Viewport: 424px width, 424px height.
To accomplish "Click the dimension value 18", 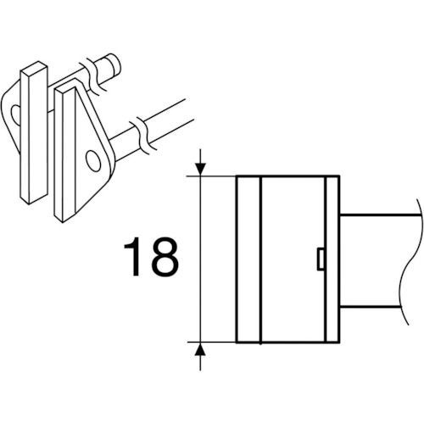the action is point(151,257).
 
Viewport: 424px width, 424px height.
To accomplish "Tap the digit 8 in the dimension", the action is point(165,257).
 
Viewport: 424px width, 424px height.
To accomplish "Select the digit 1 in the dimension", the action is point(133,257).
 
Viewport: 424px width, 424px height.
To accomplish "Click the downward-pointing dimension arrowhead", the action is point(200,169).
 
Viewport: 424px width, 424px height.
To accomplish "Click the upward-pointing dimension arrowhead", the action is point(200,349).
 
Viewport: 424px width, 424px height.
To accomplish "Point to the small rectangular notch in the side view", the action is point(321,259).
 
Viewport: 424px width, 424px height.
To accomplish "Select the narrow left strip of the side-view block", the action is point(248,259).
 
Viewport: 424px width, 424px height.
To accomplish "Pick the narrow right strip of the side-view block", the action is point(332,259).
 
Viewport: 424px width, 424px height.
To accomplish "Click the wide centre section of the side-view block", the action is point(293,259).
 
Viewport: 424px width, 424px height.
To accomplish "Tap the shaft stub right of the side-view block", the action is point(371,260).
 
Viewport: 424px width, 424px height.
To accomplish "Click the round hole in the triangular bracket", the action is point(93,160).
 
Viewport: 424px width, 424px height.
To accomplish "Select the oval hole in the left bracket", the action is point(15,115).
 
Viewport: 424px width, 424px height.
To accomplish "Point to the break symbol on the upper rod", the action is point(95,76).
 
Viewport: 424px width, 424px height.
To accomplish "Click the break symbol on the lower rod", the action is point(142,135).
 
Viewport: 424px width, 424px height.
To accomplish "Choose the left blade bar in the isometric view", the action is point(34,132).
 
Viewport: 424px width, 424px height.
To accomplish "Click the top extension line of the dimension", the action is point(211,176).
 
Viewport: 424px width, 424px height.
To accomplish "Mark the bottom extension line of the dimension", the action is point(211,342).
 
